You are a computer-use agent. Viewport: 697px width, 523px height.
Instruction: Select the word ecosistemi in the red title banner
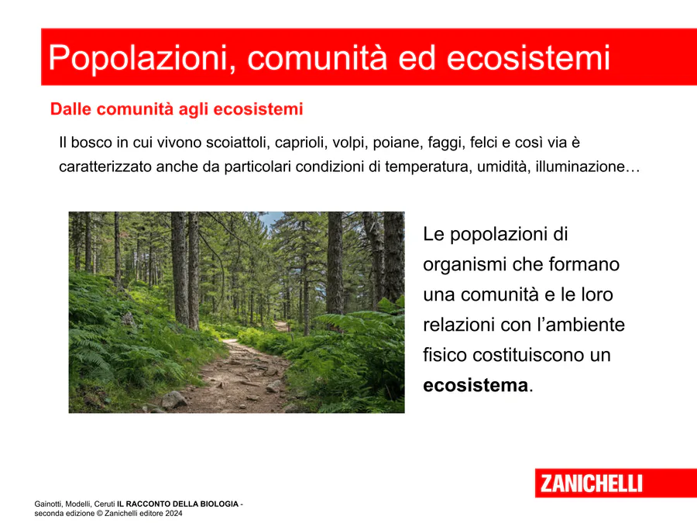528,58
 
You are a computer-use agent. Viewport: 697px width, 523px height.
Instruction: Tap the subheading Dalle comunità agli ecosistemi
177,109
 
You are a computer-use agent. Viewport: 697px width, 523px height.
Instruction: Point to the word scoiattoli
236,143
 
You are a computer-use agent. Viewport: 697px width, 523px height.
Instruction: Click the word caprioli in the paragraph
300,143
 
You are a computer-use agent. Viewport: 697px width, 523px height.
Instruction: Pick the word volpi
349,143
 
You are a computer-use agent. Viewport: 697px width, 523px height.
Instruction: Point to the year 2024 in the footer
173,513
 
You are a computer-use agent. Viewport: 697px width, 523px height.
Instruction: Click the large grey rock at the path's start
173,400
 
